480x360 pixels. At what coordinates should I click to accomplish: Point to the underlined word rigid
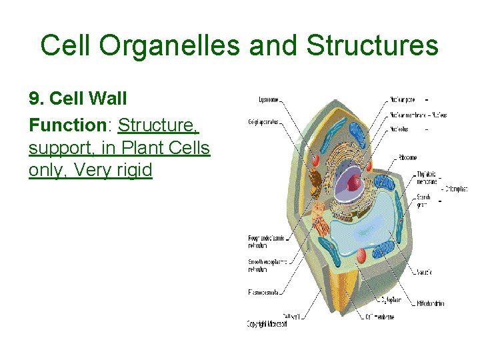(x=133, y=170)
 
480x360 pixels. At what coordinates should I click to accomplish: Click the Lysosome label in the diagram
(x=269, y=101)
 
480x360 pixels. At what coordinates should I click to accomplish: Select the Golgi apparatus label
(x=263, y=123)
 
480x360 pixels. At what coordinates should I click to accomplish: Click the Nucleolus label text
(x=400, y=129)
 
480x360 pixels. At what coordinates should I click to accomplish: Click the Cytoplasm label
(x=392, y=299)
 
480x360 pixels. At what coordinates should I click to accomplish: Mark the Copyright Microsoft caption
(x=267, y=324)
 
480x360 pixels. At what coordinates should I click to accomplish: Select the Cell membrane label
(x=379, y=317)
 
